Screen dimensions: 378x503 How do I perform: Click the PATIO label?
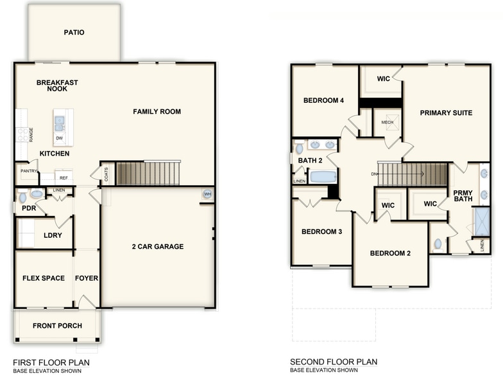[x=74, y=32]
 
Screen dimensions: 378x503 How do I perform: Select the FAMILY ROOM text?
[x=157, y=112]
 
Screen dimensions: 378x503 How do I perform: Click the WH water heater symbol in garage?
[x=207, y=194]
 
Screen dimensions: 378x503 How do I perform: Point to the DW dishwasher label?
[x=59, y=138]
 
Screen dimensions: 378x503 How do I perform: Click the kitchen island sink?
[x=59, y=120]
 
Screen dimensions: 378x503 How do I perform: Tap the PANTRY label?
[x=28, y=171]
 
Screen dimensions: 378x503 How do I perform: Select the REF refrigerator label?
[x=64, y=177]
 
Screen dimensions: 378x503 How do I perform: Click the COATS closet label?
[x=104, y=174]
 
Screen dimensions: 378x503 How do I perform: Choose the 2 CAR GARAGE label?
[x=158, y=246]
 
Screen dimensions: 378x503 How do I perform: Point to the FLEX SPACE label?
[x=44, y=278]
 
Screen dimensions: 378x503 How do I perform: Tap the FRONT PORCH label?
[x=57, y=326]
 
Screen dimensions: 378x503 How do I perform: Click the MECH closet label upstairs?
[x=387, y=122]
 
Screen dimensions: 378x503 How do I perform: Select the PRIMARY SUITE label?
[x=446, y=113]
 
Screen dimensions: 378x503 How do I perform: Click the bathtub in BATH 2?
[x=323, y=176]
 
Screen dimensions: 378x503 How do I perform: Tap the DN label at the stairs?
[x=373, y=174]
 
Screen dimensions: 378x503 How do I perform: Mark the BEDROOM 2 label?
[x=390, y=253]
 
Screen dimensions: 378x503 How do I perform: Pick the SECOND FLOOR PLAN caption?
[x=334, y=362]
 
